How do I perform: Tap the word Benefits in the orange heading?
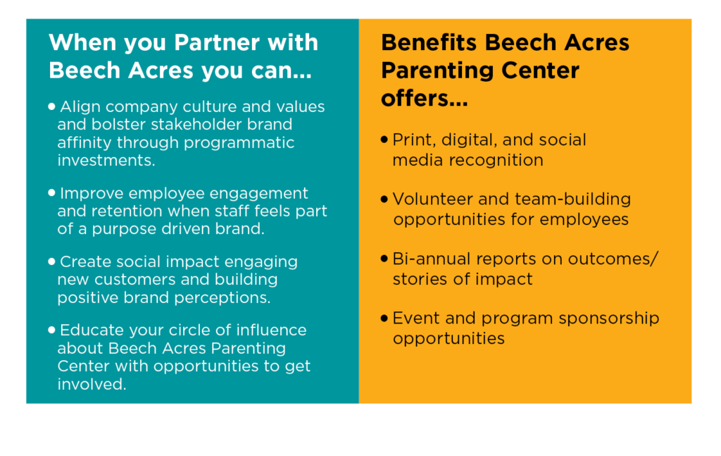click(429, 43)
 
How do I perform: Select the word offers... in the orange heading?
click(425, 99)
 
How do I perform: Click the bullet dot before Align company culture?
click(51, 106)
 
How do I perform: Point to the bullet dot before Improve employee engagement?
click(51, 193)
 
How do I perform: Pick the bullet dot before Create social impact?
click(51, 261)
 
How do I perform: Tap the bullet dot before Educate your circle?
click(51, 329)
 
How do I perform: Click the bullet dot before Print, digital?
click(384, 140)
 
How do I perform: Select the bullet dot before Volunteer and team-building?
click(384, 199)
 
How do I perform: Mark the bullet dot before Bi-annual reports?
click(384, 259)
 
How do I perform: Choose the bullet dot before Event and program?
click(384, 318)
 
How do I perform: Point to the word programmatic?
click(239, 143)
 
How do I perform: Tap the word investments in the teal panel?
click(105, 160)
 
